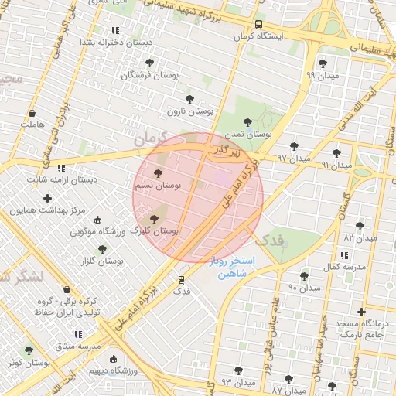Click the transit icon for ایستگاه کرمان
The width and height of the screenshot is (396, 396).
[258, 24]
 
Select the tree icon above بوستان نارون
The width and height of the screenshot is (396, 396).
[190, 99]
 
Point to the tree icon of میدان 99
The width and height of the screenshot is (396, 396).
[322, 63]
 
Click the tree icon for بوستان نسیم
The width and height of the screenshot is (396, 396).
[159, 174]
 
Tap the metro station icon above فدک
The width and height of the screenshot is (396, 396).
[182, 279]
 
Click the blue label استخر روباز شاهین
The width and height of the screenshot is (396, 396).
[227, 268]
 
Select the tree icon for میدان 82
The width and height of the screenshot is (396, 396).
[360, 225]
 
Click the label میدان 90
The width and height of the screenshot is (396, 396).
[304, 288]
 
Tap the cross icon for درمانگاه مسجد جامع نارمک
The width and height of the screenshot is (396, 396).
[361, 312]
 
